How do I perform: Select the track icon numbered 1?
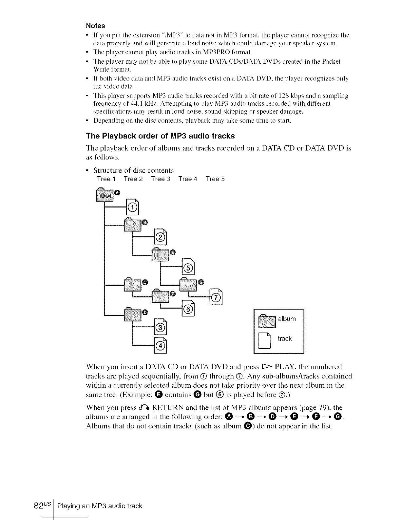(x=133, y=207)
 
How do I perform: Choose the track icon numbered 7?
(x=216, y=297)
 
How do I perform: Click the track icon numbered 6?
(x=188, y=309)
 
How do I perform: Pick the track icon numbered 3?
(x=160, y=327)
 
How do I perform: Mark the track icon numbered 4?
(x=160, y=345)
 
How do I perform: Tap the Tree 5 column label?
(x=215, y=179)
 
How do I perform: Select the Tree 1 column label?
(x=106, y=179)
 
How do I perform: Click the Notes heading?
(x=95, y=26)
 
